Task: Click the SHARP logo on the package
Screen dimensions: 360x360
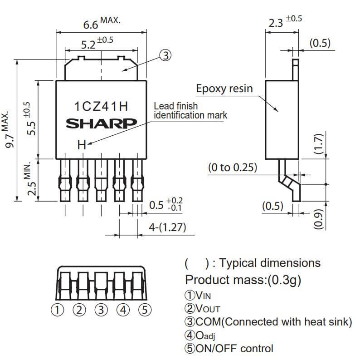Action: tap(101, 123)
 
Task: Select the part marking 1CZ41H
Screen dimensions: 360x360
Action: tap(101, 106)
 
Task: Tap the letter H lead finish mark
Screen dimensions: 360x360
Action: tap(82, 145)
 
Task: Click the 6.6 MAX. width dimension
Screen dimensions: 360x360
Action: tap(102, 23)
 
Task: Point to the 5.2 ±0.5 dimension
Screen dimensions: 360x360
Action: tap(97, 43)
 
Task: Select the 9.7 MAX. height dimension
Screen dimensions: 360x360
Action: tap(8, 130)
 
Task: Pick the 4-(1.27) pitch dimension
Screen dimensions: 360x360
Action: tap(167, 227)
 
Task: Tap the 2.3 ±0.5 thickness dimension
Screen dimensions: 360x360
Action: tap(285, 21)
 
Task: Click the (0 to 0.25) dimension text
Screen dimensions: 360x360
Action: tap(233, 168)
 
